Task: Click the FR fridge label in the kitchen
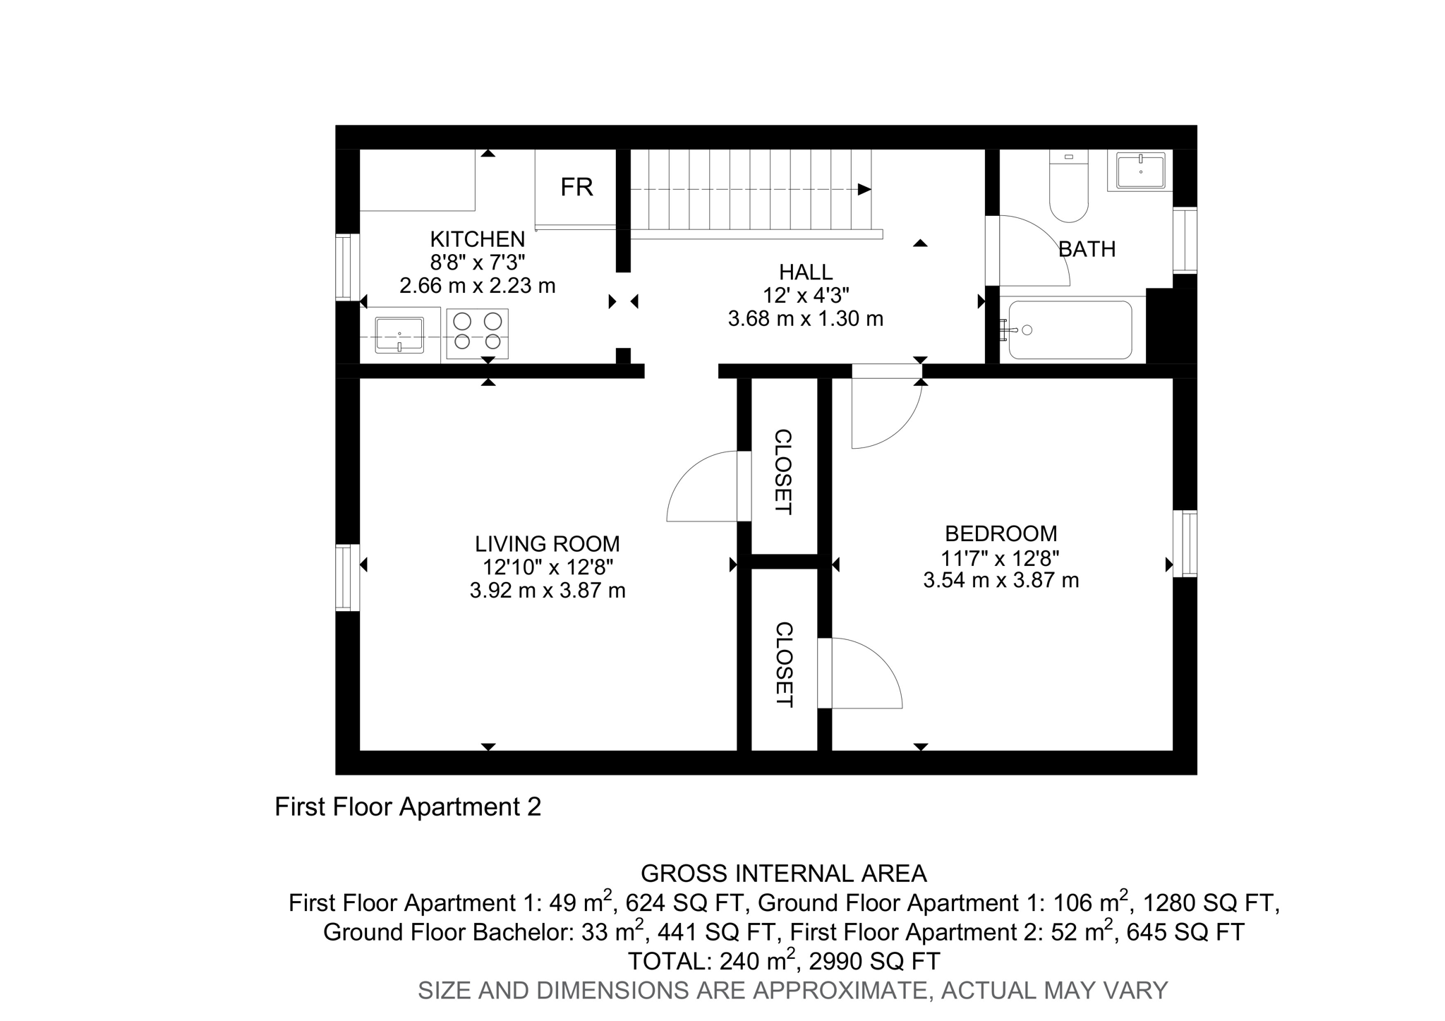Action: pos(576,187)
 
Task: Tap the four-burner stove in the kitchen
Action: pos(477,332)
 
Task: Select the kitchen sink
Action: pos(399,334)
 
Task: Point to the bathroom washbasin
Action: pos(1140,170)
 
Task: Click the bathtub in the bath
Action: pos(1070,330)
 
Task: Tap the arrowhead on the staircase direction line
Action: pos(864,189)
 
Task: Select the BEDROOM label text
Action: pos(1000,533)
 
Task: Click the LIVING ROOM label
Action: pos(547,544)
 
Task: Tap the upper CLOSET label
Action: pos(783,471)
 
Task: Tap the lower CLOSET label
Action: pos(784,664)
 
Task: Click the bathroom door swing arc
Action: pos(1037,250)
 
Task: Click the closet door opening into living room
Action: pos(702,487)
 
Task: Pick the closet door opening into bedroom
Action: pos(866,673)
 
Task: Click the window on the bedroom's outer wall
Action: pos(1185,544)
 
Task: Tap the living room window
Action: pos(347,577)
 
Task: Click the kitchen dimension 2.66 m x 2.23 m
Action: pos(478,286)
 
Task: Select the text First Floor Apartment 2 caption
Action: pos(408,806)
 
